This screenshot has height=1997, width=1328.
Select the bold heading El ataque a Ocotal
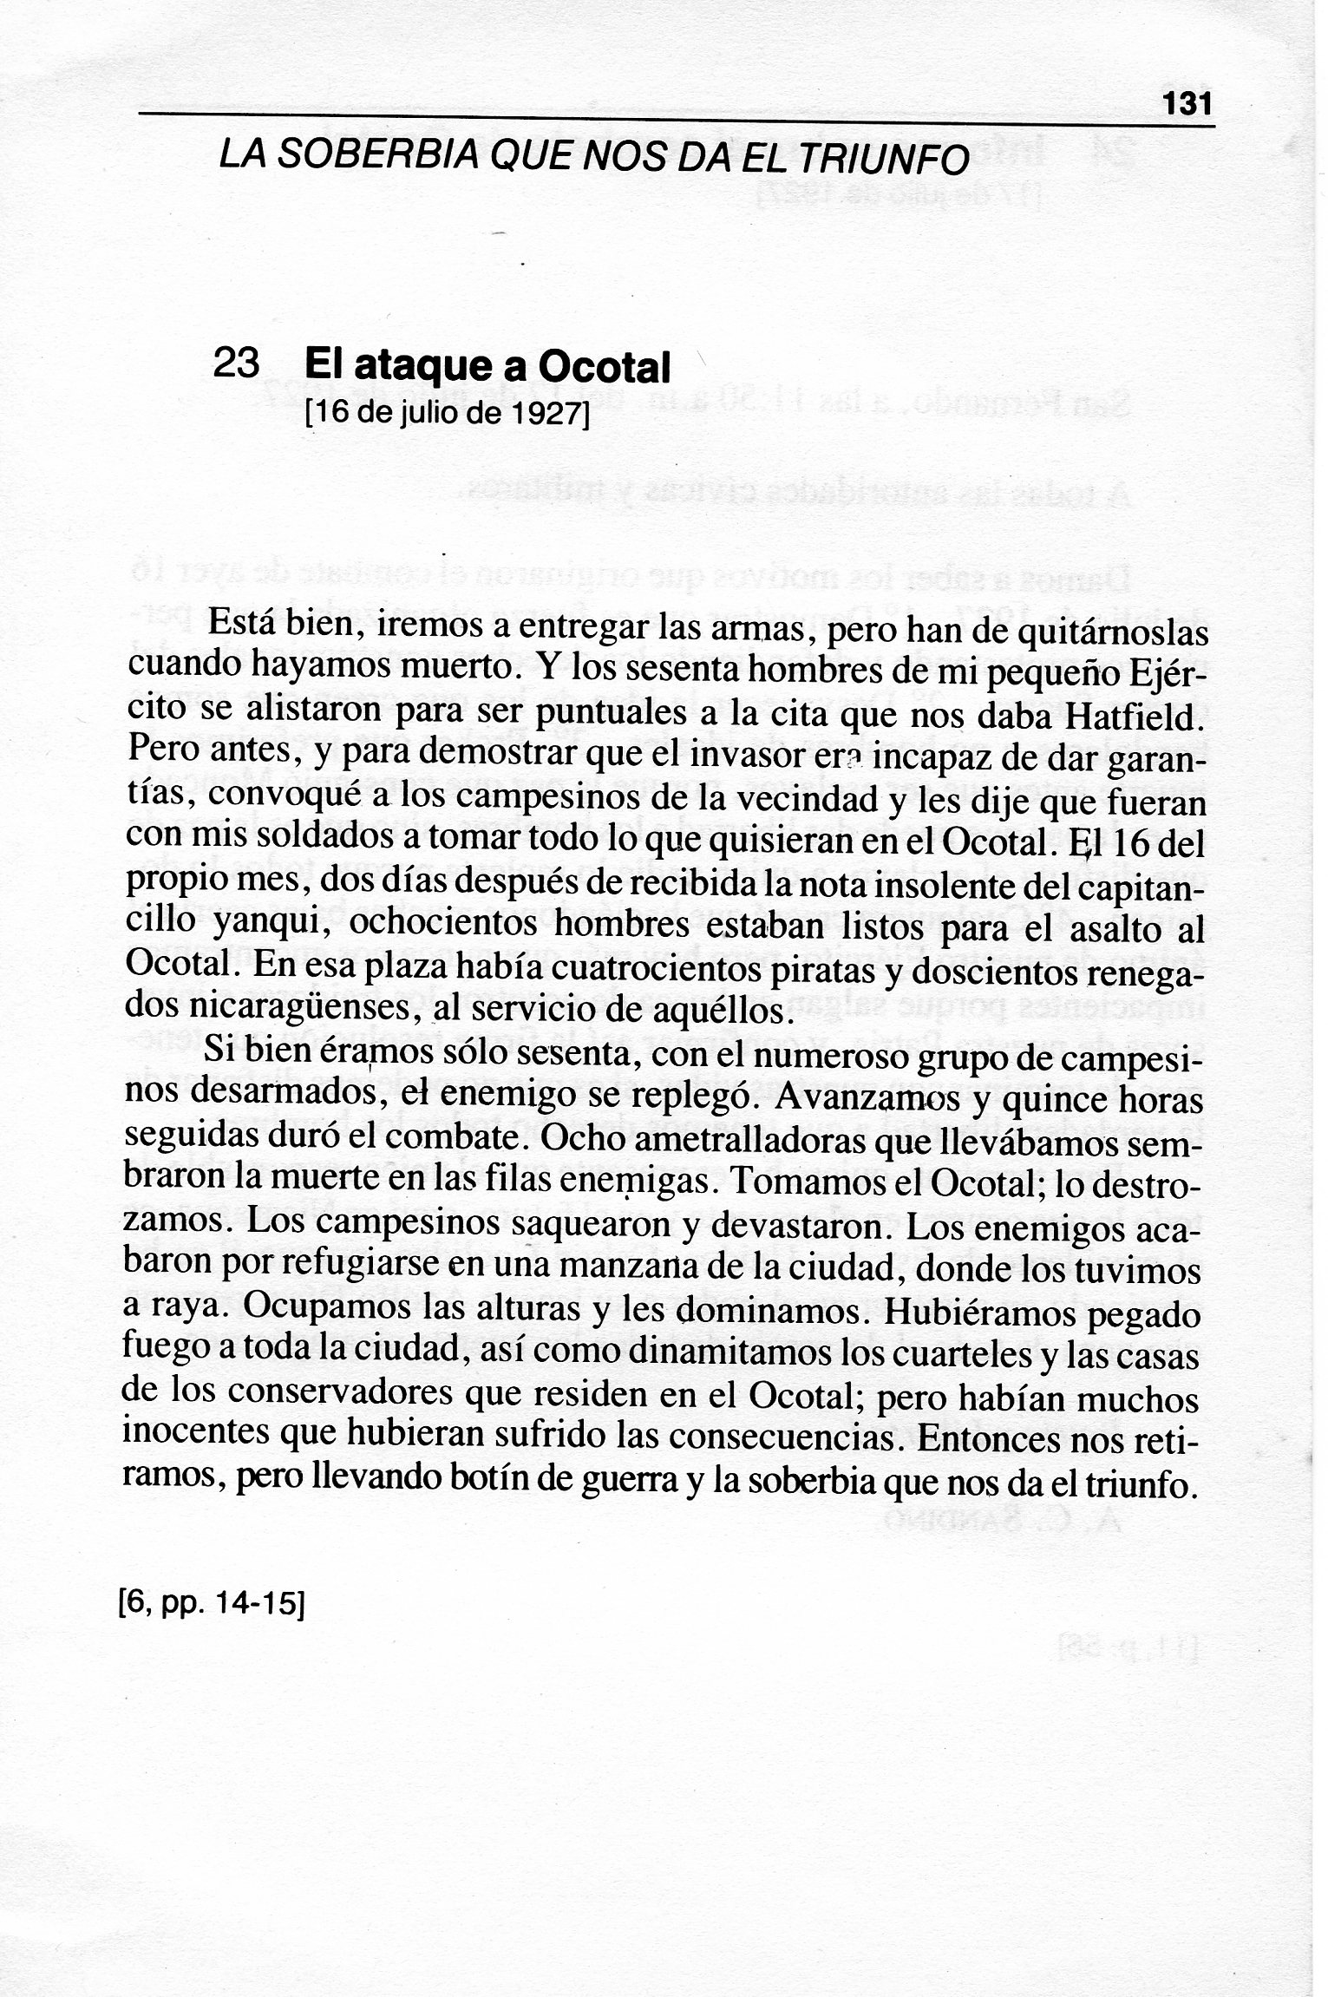(487, 367)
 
